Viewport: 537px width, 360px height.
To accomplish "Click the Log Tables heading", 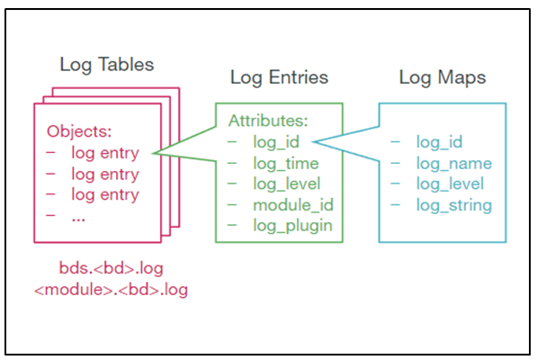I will point(106,65).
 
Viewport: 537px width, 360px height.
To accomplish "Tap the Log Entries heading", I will point(278,78).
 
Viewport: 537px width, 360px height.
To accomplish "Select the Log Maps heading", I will point(443,78).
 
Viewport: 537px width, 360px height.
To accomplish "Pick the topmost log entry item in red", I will point(104,152).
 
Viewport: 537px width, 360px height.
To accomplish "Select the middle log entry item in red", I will point(104,174).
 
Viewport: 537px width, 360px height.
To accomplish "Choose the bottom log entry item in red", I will point(104,194).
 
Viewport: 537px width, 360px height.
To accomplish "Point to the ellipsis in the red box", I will point(79,215).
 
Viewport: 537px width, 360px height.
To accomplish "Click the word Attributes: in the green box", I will point(266,120).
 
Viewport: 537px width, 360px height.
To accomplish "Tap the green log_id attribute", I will point(275,141).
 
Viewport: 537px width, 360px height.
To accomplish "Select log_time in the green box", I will point(284,163).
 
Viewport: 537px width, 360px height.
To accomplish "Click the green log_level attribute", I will point(286,184).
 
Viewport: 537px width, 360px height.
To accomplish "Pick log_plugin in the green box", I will point(291,226).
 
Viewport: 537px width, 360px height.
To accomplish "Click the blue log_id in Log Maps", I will point(439,141).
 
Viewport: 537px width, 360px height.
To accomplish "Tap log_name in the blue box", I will point(453,163).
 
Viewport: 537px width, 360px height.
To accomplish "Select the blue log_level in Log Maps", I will point(450,184).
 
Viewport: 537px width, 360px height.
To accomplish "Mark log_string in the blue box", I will point(453,205).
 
